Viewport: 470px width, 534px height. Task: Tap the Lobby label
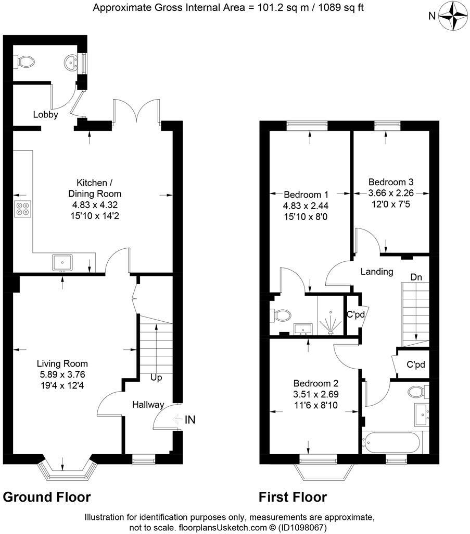45,115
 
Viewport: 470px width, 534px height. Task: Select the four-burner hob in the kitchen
23,209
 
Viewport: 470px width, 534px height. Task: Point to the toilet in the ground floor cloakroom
25,63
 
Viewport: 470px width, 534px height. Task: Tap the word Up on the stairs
157,377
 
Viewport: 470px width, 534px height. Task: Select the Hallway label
148,405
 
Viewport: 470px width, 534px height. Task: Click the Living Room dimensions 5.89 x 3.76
62,374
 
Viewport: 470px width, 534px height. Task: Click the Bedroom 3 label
391,182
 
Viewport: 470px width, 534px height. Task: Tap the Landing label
377,272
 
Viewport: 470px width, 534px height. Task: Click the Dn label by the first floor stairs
416,277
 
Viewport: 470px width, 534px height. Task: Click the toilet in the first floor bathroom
417,391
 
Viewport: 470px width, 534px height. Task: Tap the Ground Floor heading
47,497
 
